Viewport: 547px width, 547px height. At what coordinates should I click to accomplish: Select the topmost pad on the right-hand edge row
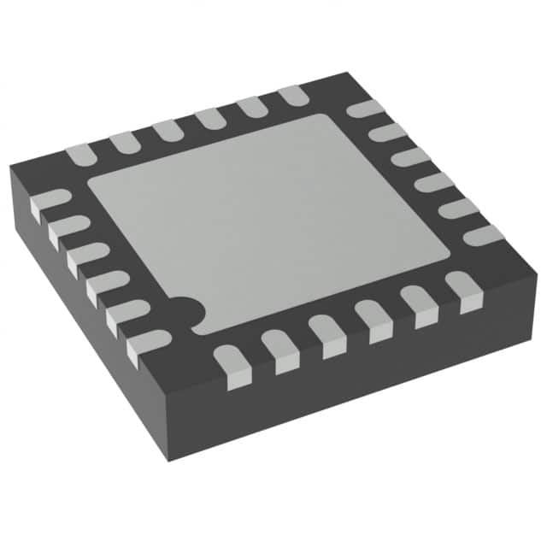point(365,109)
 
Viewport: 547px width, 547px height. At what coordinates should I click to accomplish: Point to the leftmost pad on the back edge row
point(80,154)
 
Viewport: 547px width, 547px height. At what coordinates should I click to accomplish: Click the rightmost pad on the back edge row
point(293,94)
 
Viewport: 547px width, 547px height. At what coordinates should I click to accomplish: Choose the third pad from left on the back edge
point(166,130)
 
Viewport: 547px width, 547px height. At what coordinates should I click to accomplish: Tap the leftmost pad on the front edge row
point(232,364)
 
